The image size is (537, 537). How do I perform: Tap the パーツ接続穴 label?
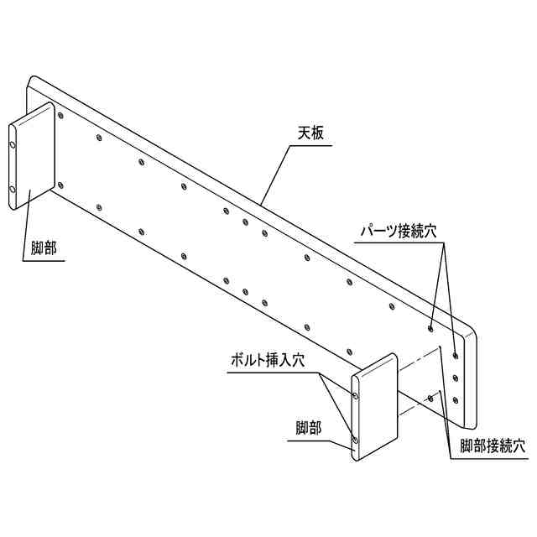click(394, 230)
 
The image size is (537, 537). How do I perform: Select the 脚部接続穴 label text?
click(493, 446)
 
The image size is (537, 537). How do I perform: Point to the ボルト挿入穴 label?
click(268, 360)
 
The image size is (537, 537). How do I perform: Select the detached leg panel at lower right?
click(374, 407)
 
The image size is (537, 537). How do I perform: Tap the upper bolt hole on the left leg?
click(13, 145)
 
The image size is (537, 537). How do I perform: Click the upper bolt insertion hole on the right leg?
click(357, 395)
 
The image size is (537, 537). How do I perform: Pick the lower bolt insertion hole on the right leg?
click(357, 439)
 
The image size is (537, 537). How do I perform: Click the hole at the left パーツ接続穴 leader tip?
click(430, 328)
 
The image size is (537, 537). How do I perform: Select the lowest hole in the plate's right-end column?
click(456, 399)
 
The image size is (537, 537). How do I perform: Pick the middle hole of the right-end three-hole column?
click(456, 378)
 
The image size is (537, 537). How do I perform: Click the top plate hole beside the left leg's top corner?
click(60, 115)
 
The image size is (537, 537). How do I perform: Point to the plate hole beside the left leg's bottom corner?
click(60, 181)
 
